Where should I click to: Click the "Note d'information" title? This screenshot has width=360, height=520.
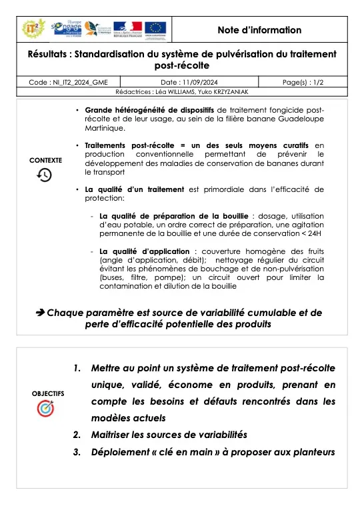click(259, 30)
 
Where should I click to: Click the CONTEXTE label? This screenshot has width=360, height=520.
click(46, 161)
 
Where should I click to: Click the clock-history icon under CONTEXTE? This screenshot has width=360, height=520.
click(45, 175)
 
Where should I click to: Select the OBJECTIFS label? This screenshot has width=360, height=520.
click(48, 393)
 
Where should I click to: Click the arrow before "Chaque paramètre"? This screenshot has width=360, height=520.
click(39, 312)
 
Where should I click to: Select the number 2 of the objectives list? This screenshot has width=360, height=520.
click(77, 434)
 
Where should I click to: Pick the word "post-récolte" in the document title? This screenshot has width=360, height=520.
click(181, 65)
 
